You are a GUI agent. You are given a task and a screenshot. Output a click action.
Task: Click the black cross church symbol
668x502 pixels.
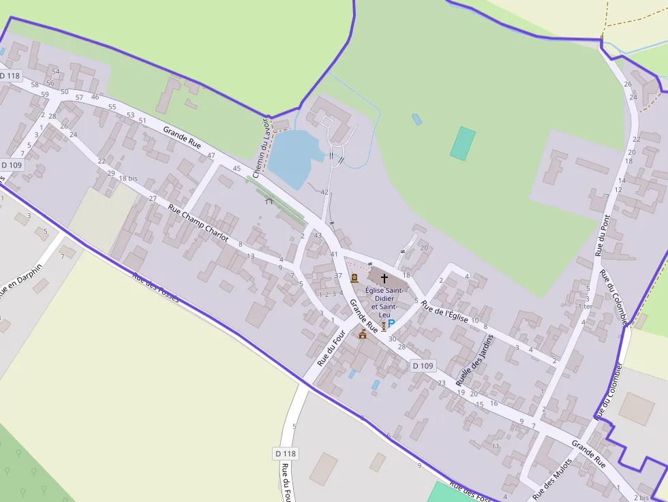coord(384,278)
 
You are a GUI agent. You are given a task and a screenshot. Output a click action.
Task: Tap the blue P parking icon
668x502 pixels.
coord(391,326)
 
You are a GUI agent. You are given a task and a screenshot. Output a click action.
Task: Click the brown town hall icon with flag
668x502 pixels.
coord(363,334)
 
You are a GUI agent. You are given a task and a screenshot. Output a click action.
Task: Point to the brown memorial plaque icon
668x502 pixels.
coord(354,278)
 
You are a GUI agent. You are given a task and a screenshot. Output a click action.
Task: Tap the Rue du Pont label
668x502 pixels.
coord(603,235)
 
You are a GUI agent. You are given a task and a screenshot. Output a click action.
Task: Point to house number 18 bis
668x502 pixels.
coord(128,178)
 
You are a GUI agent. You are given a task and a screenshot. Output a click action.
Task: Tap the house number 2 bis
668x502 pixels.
coord(640,498)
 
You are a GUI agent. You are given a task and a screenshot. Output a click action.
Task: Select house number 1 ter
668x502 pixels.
coord(585,307)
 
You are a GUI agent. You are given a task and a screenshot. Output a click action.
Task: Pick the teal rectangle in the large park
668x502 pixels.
coord(463,143)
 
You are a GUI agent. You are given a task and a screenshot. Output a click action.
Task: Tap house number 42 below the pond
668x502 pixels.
coord(324,192)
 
